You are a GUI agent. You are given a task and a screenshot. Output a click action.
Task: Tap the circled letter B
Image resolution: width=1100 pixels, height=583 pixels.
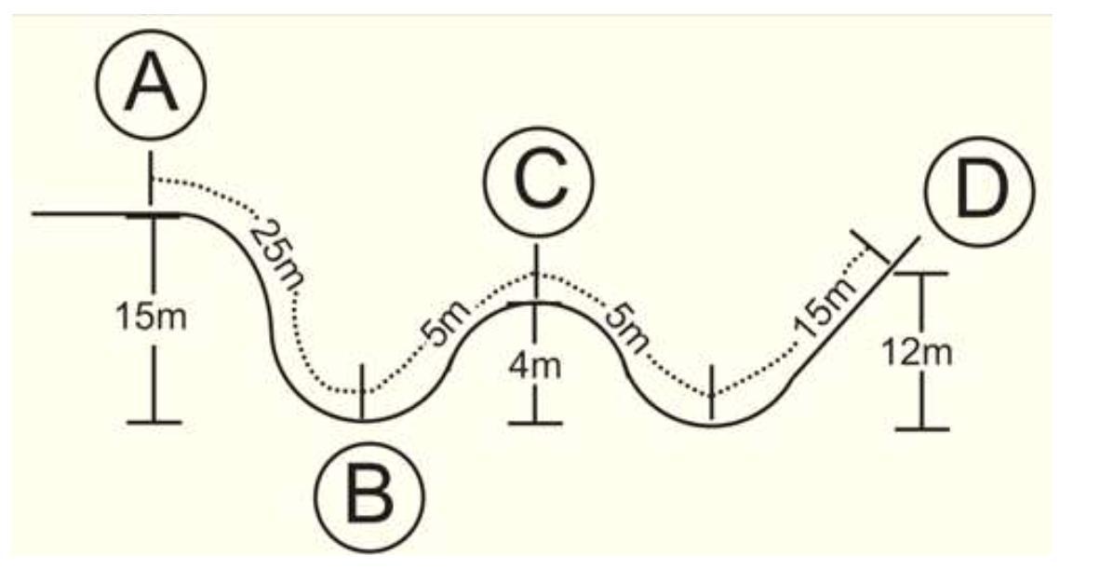[370, 495]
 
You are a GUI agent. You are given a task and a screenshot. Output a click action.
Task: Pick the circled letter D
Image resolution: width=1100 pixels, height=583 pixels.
[978, 190]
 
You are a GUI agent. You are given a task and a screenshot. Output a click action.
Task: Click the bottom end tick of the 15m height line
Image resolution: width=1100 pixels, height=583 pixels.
[154, 422]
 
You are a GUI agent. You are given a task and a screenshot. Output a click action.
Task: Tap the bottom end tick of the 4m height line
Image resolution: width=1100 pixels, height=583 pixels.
[535, 424]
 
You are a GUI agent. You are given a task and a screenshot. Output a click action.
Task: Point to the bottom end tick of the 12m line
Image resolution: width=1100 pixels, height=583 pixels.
[921, 428]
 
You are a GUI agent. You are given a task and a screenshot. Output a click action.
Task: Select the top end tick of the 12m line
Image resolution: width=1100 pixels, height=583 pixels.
[921, 274]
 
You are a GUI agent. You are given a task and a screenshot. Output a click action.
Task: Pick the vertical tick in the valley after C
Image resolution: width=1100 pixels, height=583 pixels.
[711, 390]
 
